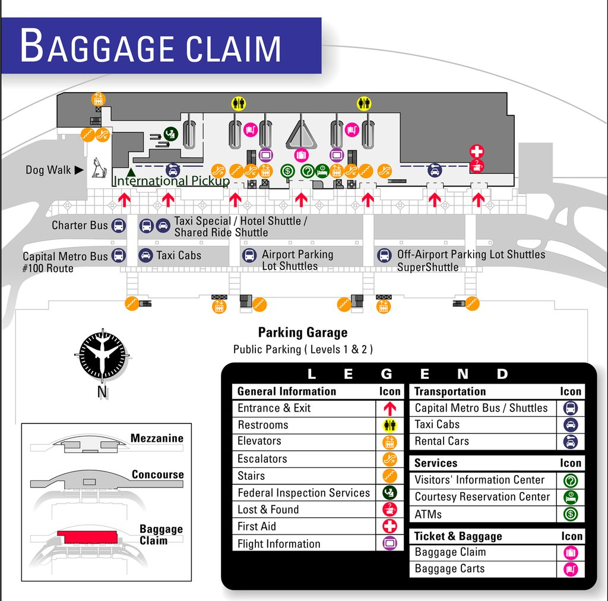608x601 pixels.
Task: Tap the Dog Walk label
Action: [x=48, y=170]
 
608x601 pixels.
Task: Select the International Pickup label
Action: [x=171, y=181]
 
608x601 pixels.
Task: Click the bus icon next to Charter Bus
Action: [x=118, y=226]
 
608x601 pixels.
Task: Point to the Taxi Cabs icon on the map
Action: [x=145, y=256]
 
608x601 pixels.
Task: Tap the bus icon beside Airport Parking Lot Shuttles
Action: [x=249, y=256]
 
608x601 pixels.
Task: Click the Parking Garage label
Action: [x=302, y=333]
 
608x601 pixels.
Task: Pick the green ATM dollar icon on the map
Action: [x=287, y=171]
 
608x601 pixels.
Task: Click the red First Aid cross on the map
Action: [x=476, y=151]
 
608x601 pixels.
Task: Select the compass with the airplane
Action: [x=103, y=356]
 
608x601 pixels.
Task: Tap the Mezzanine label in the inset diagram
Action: [x=157, y=439]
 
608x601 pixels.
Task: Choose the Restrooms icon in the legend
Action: [x=389, y=425]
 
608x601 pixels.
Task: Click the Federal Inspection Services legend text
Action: [x=303, y=493]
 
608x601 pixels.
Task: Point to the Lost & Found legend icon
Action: [x=389, y=510]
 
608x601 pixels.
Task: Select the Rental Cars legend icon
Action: [x=570, y=442]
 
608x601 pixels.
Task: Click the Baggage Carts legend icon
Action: [x=571, y=569]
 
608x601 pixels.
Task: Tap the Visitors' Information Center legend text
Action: [x=479, y=480]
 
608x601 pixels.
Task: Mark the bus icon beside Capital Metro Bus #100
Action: [x=118, y=256]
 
